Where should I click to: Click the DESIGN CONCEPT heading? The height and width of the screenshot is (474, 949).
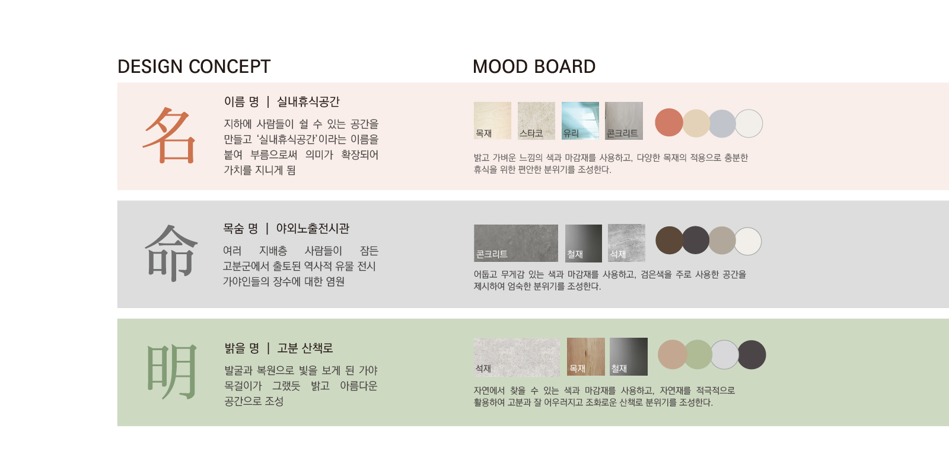click(x=193, y=66)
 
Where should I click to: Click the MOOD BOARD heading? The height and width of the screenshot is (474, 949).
click(x=534, y=66)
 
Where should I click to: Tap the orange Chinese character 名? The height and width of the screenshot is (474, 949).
click(x=170, y=136)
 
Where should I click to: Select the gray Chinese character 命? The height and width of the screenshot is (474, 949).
click(x=171, y=252)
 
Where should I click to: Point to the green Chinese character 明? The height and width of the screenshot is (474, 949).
click(x=172, y=371)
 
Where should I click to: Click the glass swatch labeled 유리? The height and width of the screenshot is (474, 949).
click(x=580, y=121)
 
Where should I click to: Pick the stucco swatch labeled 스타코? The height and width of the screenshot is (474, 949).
click(x=536, y=121)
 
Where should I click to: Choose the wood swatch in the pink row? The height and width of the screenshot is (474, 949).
click(x=492, y=121)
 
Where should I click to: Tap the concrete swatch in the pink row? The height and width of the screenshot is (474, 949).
click(x=623, y=121)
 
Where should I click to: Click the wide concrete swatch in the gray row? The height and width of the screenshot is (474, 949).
click(x=516, y=243)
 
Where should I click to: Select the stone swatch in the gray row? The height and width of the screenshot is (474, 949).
click(x=626, y=243)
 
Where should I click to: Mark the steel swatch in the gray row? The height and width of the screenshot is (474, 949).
click(x=584, y=243)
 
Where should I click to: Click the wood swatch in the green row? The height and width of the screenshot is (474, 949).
click(x=586, y=357)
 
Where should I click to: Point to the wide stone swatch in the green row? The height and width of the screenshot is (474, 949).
click(x=517, y=357)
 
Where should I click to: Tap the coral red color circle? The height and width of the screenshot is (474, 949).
click(x=669, y=123)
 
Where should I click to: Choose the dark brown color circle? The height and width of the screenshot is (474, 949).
click(x=670, y=241)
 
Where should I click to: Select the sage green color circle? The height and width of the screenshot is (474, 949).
click(x=698, y=355)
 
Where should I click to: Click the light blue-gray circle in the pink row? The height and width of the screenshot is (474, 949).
click(x=722, y=124)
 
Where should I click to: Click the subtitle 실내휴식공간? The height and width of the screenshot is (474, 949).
click(x=308, y=101)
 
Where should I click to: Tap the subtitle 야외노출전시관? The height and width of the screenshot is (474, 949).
click(x=313, y=229)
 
